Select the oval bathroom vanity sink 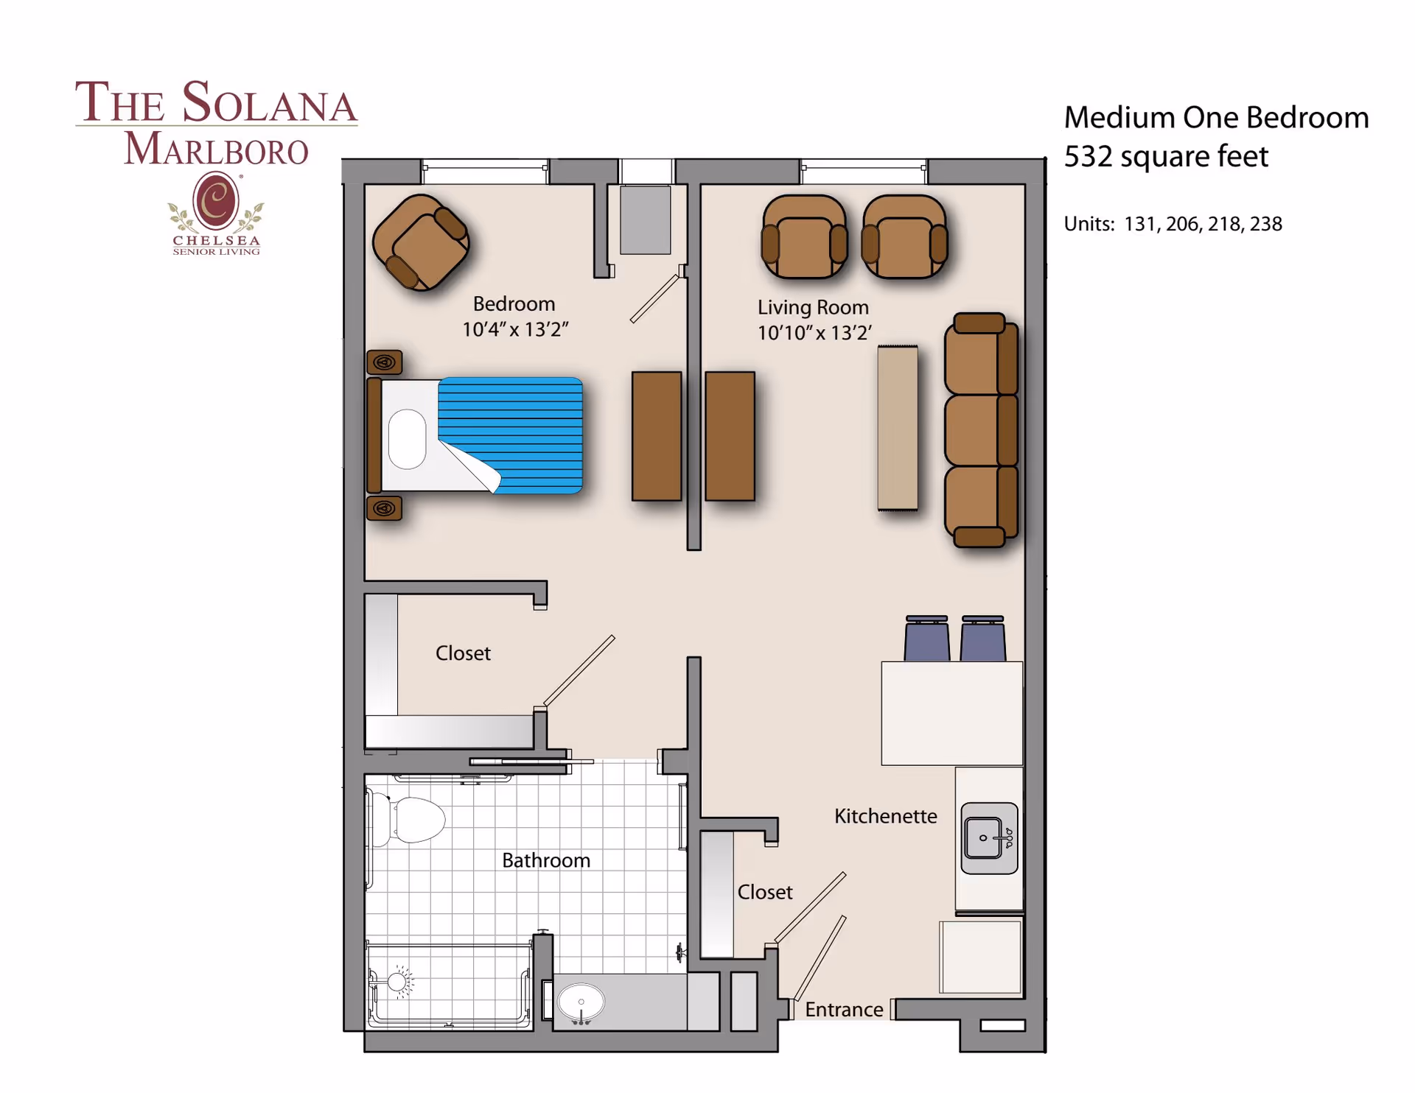point(581,1002)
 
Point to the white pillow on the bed point(408,439)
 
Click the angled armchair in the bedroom point(421,242)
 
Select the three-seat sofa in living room point(981,430)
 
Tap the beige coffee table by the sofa point(897,428)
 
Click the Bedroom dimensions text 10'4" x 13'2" point(514,330)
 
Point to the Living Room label point(813,307)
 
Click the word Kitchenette point(885,816)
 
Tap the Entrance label point(843,1010)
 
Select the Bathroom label point(545,860)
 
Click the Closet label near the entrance point(764,892)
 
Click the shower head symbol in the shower point(398,982)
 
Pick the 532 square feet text point(1165,157)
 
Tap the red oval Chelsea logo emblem point(215,200)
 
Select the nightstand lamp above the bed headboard point(384,362)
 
